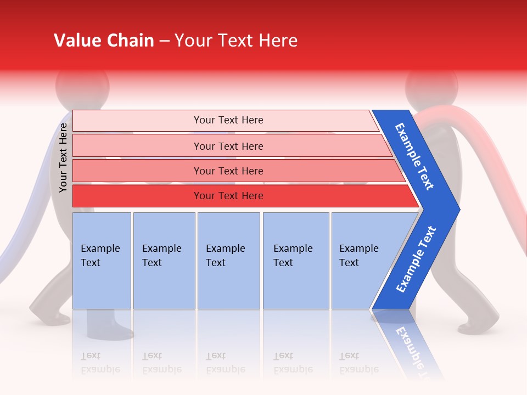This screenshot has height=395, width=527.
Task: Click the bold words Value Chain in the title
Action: pyautogui.click(x=104, y=41)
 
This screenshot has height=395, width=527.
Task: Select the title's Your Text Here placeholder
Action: pyautogui.click(x=236, y=41)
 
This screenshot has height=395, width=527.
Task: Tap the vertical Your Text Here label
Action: pyautogui.click(x=63, y=157)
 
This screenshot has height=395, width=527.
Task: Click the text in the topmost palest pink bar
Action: pyautogui.click(x=228, y=120)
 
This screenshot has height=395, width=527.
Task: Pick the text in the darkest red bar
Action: pyautogui.click(x=228, y=196)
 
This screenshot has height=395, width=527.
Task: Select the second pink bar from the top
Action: pyautogui.click(x=228, y=146)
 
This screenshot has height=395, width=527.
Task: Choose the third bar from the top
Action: pyautogui.click(x=228, y=171)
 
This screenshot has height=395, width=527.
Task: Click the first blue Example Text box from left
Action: pyautogui.click(x=102, y=260)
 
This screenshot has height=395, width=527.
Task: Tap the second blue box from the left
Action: pyautogui.click(x=164, y=260)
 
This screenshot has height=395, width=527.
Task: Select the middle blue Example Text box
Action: pyautogui.click(x=228, y=260)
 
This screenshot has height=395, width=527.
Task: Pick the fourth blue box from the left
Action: pyautogui.click(x=295, y=260)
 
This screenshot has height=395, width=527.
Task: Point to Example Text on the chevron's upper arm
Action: pyautogui.click(x=415, y=156)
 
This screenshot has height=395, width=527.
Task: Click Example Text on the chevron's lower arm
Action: pyautogui.click(x=416, y=259)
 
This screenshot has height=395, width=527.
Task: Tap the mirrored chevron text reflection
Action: pyautogui.click(x=412, y=346)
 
